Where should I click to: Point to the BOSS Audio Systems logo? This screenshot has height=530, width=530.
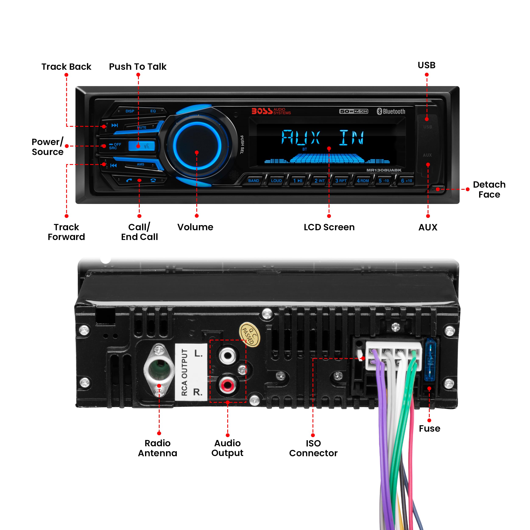coord(271,111)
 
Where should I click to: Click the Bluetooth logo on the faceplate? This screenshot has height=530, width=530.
coord(391,111)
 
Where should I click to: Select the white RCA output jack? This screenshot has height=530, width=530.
coord(227,356)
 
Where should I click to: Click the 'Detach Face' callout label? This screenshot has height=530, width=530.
coord(489,190)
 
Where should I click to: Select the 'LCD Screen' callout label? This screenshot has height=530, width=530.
coord(329,227)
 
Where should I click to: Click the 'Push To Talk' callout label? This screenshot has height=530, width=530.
coord(138,67)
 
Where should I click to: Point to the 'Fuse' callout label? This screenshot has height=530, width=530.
coord(429,428)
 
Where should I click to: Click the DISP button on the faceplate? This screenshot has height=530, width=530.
coord(130,111)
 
